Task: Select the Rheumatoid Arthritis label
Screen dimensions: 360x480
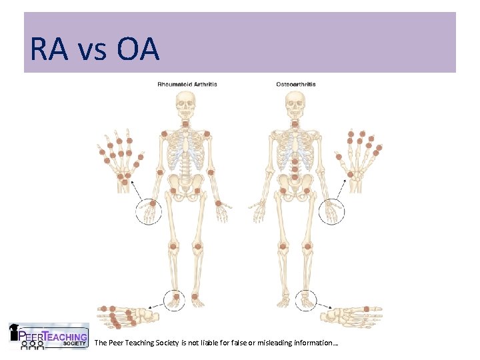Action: (187, 85)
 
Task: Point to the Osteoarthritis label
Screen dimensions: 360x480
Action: (296, 85)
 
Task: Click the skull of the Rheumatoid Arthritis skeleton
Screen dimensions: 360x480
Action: (185, 103)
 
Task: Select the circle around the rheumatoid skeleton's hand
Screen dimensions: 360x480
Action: (149, 211)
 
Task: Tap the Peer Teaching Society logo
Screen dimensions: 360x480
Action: (48, 336)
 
